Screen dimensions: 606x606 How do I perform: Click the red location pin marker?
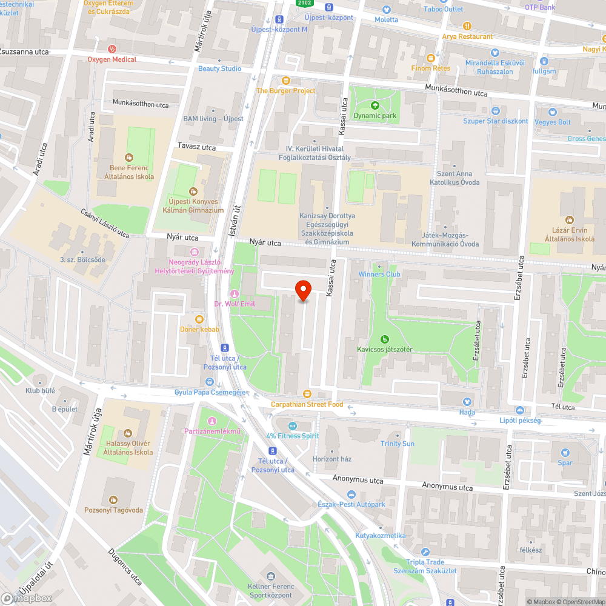pos(303,290)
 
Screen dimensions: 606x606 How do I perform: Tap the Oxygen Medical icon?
pos(112,49)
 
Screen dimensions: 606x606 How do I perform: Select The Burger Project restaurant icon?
pos(286,81)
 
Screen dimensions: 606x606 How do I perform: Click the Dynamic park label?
pos(375,115)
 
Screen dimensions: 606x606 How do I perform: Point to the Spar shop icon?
pos(565,453)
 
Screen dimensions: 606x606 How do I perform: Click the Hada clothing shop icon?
pos(467,402)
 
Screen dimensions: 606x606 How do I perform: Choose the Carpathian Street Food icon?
pos(307,394)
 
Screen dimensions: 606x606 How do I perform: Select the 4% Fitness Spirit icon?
pos(293,425)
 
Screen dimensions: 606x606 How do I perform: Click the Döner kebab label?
pos(199,329)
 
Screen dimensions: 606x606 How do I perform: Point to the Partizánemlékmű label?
pos(211,431)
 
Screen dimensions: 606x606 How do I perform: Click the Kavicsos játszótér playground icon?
pos(384,339)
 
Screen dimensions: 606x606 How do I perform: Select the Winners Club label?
pos(379,274)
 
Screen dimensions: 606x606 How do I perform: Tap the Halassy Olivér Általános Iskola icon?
pos(127,433)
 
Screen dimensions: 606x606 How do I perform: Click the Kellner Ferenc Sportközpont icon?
pos(270,575)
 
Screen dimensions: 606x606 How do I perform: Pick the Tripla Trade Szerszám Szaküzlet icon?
pos(425,551)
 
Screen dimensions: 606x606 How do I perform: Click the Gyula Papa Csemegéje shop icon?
pos(210,382)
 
